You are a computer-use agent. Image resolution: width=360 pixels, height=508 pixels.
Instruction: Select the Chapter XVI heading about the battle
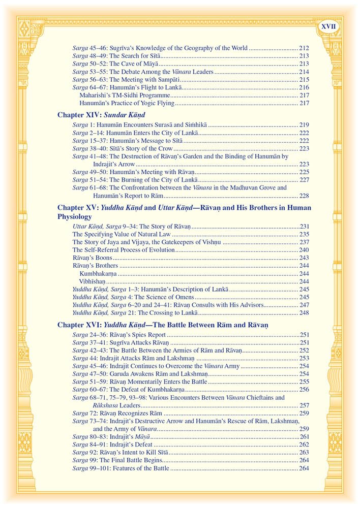coord(163,324)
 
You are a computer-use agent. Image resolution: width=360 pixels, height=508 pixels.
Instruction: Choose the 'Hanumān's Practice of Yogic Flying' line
coord(127,104)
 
